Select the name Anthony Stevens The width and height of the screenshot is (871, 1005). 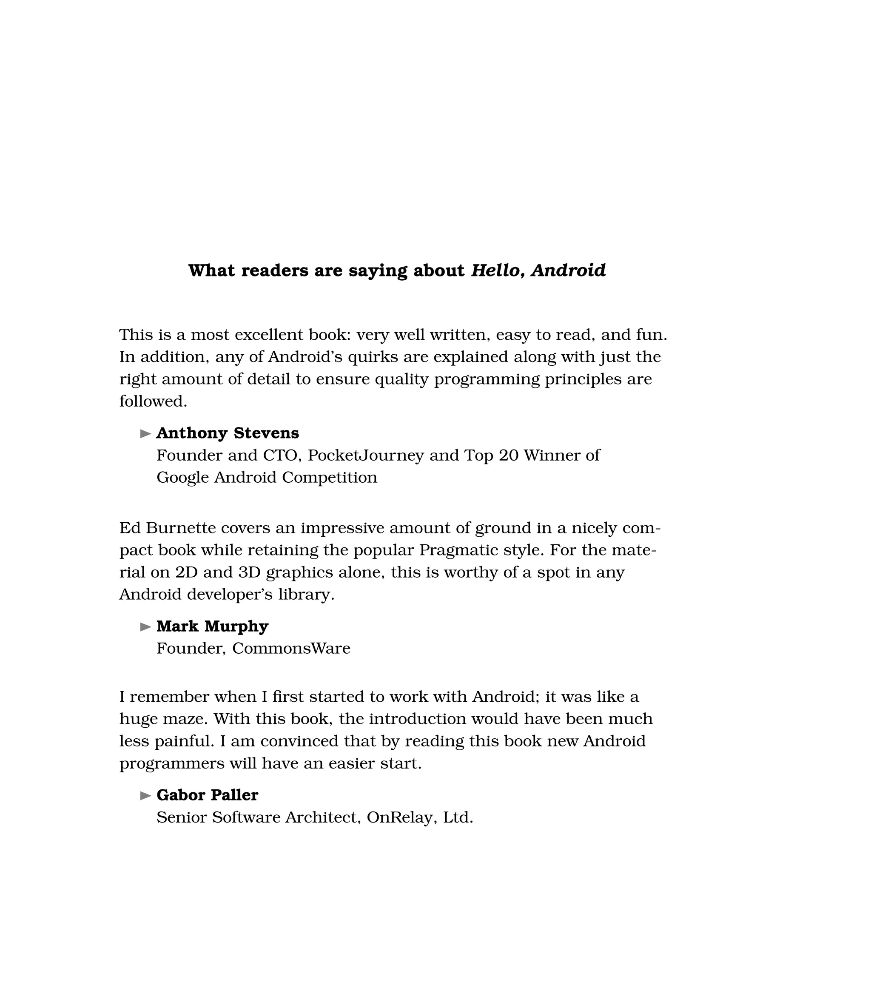coord(228,433)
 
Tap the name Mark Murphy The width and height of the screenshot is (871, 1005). coord(212,626)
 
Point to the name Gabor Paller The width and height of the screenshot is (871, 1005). coord(207,795)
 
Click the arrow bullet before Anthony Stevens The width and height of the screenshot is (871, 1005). coord(145,433)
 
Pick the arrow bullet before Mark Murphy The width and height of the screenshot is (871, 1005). coord(145,627)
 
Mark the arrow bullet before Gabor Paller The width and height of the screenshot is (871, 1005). coord(145,796)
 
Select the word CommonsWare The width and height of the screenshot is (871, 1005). coord(291,648)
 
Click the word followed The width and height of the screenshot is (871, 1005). coord(153,401)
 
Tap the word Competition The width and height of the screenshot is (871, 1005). coord(330,478)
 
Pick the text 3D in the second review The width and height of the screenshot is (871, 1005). coord(250,572)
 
